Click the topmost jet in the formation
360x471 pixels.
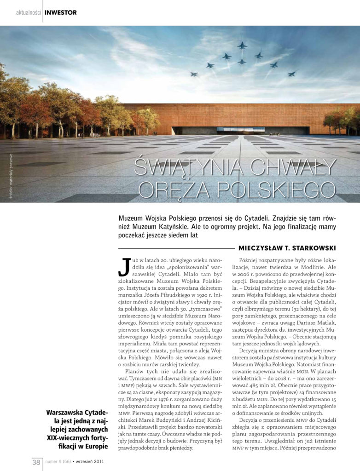click(x=242, y=45)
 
